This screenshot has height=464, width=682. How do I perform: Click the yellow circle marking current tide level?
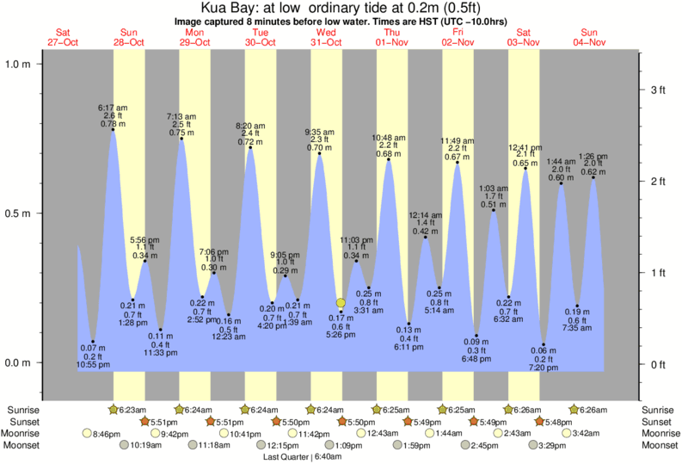pyautogui.click(x=341, y=303)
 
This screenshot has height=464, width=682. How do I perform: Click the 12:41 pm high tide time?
pyautogui.click(x=525, y=147)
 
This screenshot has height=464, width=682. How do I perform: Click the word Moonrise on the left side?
pyautogui.click(x=25, y=434)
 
